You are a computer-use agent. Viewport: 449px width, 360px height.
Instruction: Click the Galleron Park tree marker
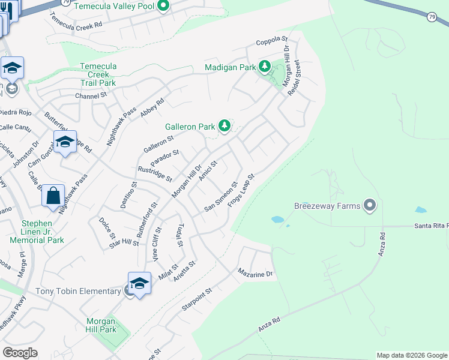pos(224,125)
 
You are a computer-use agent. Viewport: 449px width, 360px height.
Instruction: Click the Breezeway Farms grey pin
pos(370,206)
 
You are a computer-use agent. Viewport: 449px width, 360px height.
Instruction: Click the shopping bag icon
pos(53,196)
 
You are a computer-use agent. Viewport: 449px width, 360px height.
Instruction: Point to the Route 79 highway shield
pos(432,17)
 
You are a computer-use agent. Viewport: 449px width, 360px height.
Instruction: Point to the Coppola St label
pos(273,40)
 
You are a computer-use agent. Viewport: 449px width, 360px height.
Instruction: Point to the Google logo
pos(20,353)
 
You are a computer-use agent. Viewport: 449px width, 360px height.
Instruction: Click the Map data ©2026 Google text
pos(411,355)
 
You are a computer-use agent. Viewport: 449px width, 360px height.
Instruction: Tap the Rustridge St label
pos(154,174)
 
